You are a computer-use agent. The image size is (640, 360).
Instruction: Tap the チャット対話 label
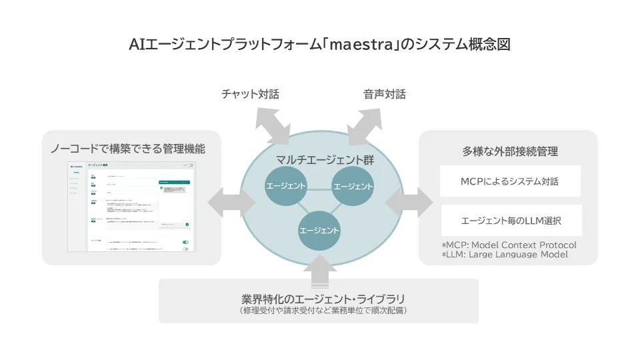250,95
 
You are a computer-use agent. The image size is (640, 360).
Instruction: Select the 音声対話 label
385,95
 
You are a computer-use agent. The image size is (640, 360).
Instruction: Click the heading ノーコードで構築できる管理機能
133,148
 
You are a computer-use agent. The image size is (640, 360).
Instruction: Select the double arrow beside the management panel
224,201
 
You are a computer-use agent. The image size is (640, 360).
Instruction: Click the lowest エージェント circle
319,230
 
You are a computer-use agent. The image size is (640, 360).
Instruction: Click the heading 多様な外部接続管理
510,151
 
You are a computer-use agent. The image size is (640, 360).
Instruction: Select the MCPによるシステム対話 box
511,181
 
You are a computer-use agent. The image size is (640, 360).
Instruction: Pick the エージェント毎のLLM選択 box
511,220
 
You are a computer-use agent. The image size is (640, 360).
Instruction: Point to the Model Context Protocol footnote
509,245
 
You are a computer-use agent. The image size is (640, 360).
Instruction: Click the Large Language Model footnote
505,254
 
